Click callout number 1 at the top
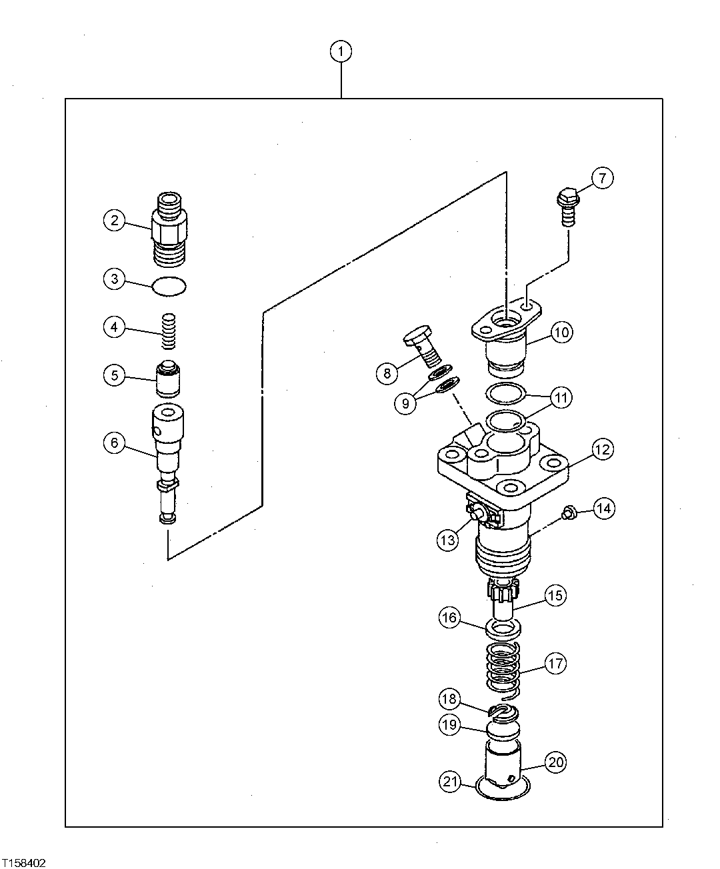tap(341, 51)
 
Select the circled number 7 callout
tap(601, 178)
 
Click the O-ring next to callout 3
tap(169, 286)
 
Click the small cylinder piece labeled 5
tap(169, 379)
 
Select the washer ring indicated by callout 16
tap(503, 628)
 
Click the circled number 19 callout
tap(450, 724)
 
